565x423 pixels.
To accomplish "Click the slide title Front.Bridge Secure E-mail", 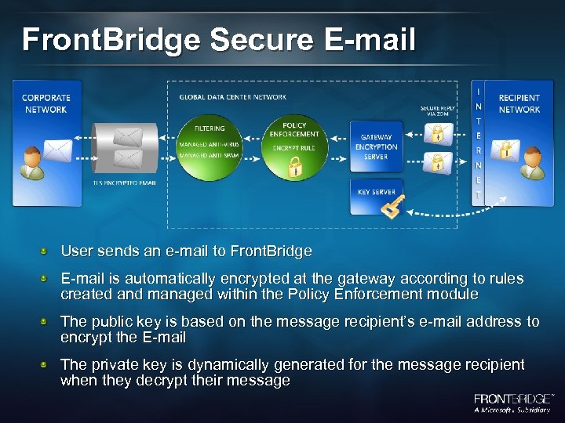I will tap(218, 39).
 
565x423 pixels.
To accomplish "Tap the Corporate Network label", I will tap(46, 103).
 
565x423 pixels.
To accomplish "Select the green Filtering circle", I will tap(209, 142).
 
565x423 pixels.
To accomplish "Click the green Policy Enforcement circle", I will tap(294, 145).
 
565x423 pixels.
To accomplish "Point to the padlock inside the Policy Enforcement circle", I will tap(295, 166).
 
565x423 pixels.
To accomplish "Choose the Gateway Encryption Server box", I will tap(376, 146).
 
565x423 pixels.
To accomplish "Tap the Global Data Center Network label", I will tap(233, 97).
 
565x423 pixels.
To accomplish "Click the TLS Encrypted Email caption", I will tap(125, 183).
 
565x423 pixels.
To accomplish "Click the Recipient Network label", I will tap(519, 103).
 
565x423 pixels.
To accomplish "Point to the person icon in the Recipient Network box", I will tap(534, 161).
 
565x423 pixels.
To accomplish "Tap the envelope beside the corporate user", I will tap(59, 150).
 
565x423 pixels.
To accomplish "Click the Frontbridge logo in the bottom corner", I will tap(512, 403).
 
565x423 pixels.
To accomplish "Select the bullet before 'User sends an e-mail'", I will tap(48, 251).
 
